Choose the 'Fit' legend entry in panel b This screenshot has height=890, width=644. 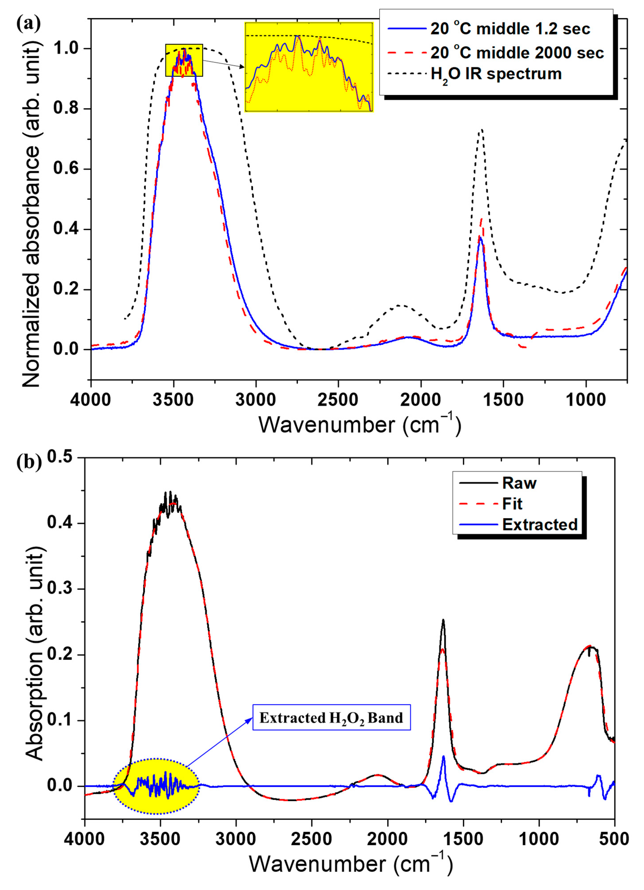(512, 504)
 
